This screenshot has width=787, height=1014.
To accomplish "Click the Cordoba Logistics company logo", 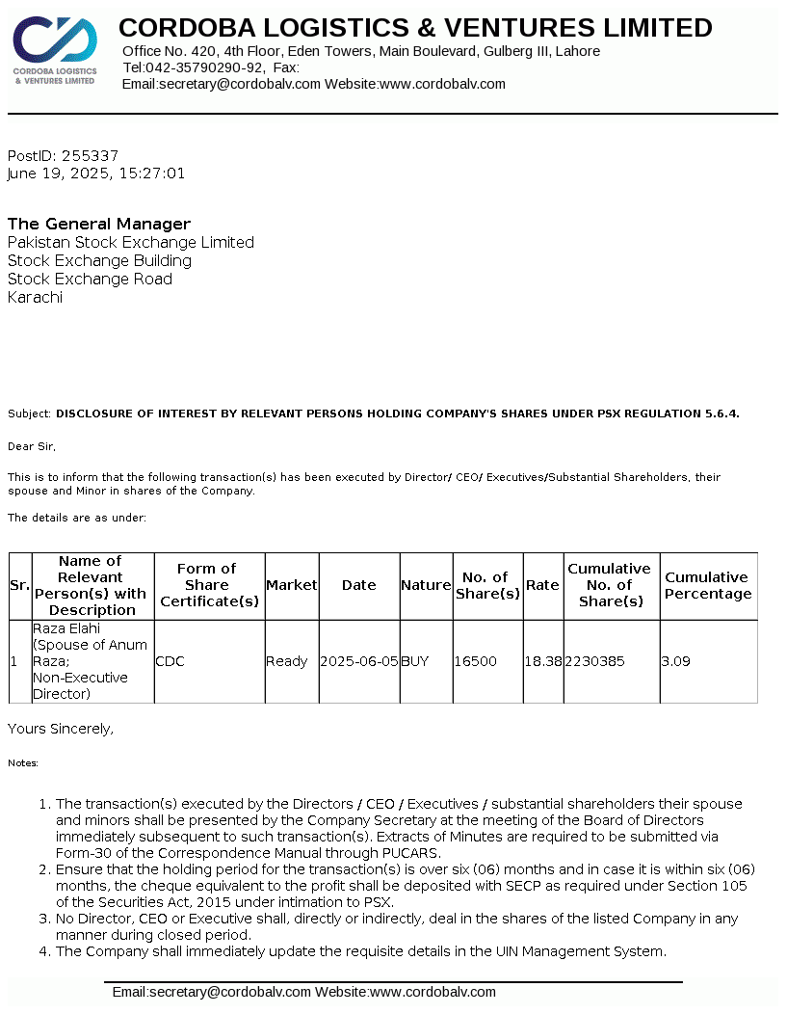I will coord(55,51).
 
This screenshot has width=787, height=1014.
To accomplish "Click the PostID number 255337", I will coord(90,155).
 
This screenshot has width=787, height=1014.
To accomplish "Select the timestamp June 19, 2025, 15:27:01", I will coord(96,173).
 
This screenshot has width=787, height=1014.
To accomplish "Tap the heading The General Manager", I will coord(99,224).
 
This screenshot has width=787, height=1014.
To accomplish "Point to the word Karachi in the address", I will coord(35,297).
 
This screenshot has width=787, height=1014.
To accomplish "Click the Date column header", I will coord(359,585).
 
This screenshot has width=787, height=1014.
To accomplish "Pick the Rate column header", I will coord(542,585).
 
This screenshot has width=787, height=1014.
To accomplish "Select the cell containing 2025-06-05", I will coord(359,661).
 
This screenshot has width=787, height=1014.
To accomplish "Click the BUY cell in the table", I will coord(415,661).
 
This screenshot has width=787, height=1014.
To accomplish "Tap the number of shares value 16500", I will coord(475,661).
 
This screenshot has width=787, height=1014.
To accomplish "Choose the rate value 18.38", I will coord(543,661).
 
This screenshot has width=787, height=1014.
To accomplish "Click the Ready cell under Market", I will coord(286,661).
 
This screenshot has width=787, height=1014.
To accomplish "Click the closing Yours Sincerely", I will coord(61,729).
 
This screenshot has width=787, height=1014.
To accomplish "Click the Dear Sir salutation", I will coord(32,446).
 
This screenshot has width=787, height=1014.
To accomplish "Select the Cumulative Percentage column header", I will coord(707,585).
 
